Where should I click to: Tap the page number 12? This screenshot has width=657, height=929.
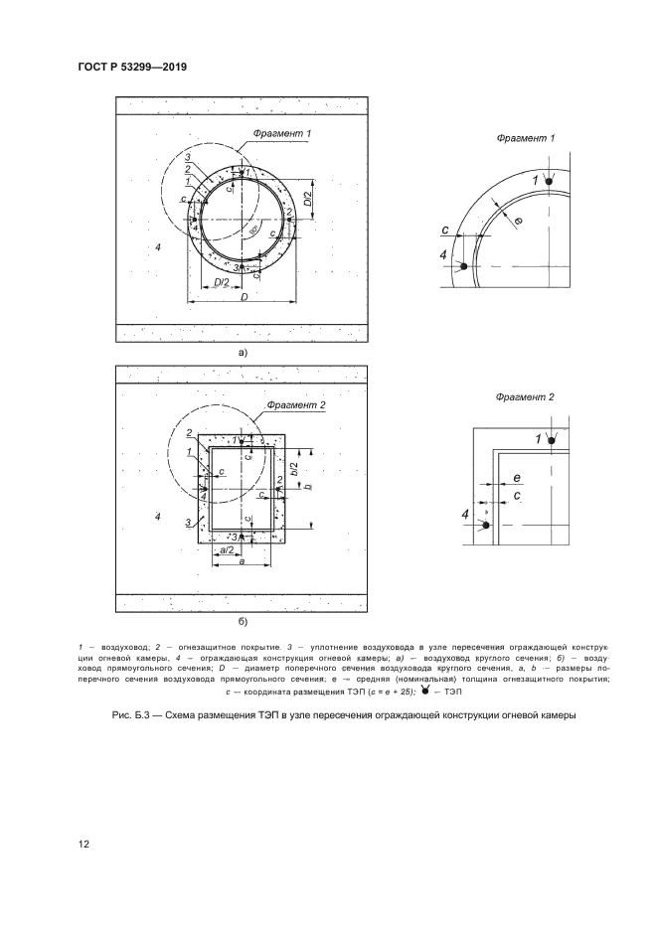83,845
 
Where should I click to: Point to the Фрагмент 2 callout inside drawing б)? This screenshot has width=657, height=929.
296,405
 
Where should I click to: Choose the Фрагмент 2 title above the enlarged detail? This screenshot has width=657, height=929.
525,396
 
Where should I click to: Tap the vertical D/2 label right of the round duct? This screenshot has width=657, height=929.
308,198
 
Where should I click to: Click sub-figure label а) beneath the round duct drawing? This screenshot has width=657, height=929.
242,351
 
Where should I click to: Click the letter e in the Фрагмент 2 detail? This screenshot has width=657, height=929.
517,479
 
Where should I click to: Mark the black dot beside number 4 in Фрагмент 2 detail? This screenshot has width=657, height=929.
486,523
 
